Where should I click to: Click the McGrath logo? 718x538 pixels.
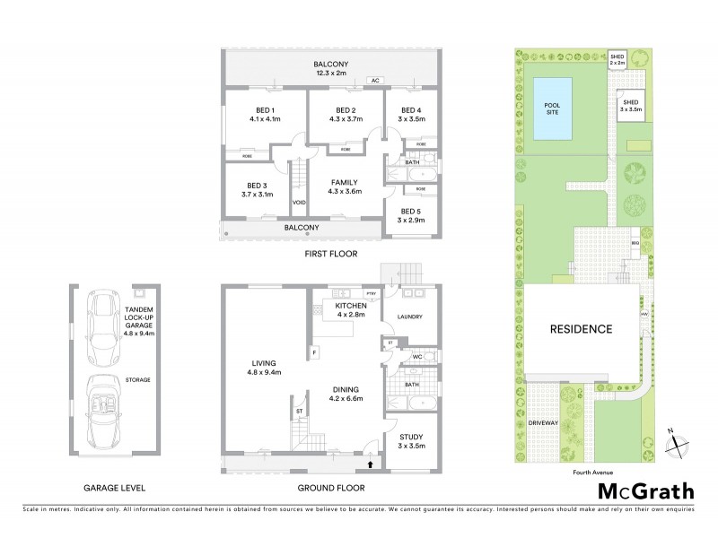pos(646,490)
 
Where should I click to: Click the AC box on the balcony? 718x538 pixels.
pos(376,81)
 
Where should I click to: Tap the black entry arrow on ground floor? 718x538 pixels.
pos(372,464)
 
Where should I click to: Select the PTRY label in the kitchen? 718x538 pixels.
pos(370,294)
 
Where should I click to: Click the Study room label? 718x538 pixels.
pos(411,440)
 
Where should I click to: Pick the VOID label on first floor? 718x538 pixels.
pos(299,203)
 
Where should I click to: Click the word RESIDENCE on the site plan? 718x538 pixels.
pos(581,329)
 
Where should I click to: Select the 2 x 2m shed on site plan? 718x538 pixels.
pos(617,59)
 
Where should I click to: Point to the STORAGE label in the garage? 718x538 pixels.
pos(138,379)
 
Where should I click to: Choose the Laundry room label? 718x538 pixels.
pos(409,317)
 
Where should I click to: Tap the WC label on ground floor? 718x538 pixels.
pos(416,357)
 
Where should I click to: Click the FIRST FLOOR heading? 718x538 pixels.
pos(328,255)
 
